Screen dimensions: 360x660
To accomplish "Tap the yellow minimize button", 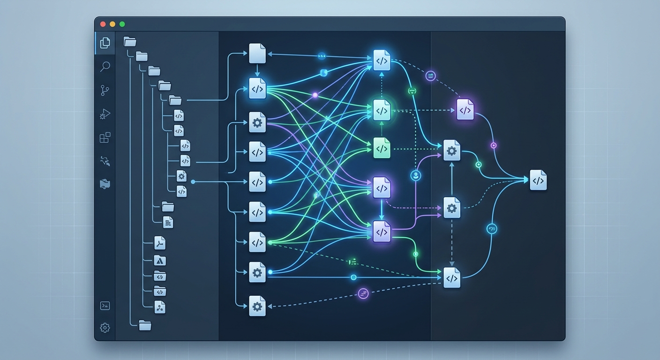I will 112,24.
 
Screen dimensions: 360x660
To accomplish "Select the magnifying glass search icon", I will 105,67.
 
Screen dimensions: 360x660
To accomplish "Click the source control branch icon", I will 105,90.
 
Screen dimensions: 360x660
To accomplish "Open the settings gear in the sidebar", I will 105,328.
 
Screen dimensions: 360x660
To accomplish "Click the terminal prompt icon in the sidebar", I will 105,306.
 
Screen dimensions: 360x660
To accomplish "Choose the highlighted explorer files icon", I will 105,43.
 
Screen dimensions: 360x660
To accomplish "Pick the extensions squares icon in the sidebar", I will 105,137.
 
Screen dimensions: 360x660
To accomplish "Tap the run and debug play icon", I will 105,114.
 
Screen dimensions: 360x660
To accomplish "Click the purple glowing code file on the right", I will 465,110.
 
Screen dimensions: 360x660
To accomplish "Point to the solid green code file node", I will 382,148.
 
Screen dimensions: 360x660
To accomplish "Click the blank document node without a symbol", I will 257,53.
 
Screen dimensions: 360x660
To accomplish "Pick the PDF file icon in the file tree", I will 160,243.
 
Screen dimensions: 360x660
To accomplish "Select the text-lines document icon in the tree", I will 168,222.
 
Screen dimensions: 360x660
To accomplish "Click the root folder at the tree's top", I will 130,42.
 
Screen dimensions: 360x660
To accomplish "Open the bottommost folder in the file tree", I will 145,324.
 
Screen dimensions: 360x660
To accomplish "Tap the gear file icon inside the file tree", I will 181,176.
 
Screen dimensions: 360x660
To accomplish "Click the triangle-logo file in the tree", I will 160,261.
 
